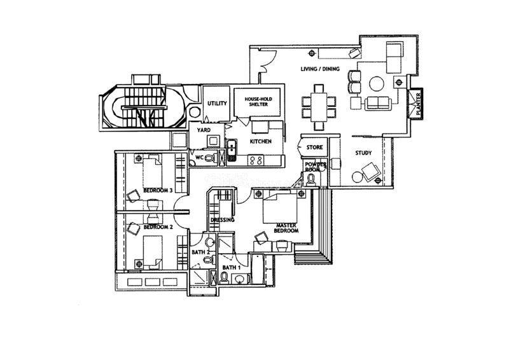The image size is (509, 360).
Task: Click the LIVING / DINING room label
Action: coord(320,69)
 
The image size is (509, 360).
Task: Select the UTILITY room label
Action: coord(218,103)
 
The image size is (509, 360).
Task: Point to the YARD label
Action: coord(204,130)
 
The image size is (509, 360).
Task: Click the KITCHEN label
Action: coord(261,141)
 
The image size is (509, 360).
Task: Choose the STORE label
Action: coord(315,148)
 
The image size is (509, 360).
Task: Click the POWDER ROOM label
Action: coord(315,167)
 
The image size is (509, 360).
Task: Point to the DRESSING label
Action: coord(223,220)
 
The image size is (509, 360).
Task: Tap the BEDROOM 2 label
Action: coord(155,226)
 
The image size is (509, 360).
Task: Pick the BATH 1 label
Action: coord(230,268)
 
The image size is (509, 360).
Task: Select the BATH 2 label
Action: coord(200,253)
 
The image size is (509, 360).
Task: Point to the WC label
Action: coord(199,156)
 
